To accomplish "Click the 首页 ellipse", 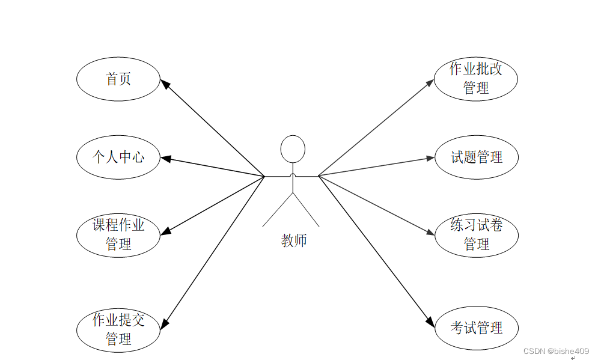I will tap(118, 79).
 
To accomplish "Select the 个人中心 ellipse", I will tap(118, 157).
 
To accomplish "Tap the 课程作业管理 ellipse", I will tap(118, 235).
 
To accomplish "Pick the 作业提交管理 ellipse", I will tap(118, 329).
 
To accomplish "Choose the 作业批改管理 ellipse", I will tap(476, 79).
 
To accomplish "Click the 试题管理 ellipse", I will tap(476, 157).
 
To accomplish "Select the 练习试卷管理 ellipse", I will tap(476, 235).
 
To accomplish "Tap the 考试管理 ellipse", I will tap(476, 328).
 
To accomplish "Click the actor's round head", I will tap(293, 148).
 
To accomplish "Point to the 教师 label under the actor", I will tap(294, 240).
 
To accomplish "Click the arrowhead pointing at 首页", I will tap(165, 84).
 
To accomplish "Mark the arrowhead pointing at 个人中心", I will tap(166, 159).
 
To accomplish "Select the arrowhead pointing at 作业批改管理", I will tap(430, 82).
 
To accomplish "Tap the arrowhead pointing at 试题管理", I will tap(430, 158).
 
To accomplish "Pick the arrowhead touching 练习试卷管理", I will tap(430, 233).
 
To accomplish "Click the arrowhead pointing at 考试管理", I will tap(430, 322).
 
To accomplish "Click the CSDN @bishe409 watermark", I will tap(556, 351).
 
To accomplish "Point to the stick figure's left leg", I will tap(277, 210).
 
